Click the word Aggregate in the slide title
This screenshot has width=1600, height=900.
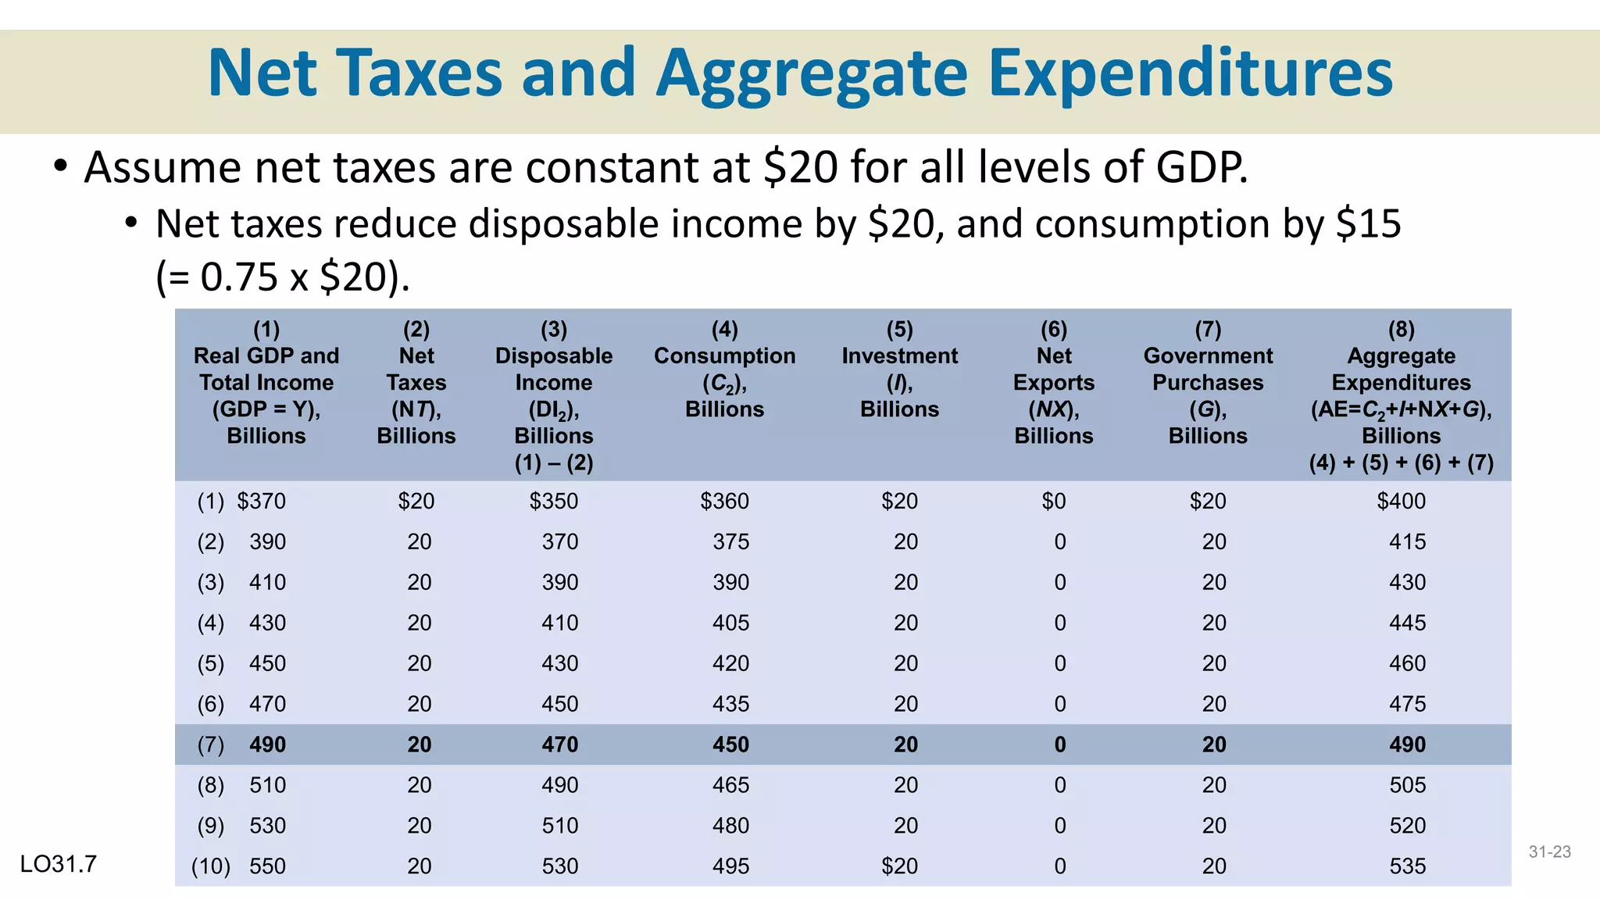coord(812,73)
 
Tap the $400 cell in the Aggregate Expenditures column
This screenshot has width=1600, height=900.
coord(1401,501)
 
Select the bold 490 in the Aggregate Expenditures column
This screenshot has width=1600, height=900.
coord(1407,745)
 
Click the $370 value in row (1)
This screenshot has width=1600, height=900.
coord(261,501)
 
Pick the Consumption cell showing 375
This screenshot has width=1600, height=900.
coord(730,541)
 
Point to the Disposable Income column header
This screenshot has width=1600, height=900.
coord(554,395)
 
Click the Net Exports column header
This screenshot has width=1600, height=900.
coord(1053,382)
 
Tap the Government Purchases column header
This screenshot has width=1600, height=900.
coord(1208,382)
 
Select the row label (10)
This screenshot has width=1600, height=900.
coord(211,866)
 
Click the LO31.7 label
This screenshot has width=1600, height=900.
coord(59,864)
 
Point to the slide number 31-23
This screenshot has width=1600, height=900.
coord(1549,852)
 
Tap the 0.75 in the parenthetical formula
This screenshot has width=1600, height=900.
coord(240,277)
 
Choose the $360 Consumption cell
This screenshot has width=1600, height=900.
coord(724,501)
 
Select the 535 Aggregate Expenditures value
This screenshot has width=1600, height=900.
coord(1407,866)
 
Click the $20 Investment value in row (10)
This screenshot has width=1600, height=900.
coord(899,866)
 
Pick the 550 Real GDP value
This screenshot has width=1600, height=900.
coord(267,866)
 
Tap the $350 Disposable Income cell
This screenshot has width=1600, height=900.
coord(554,501)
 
